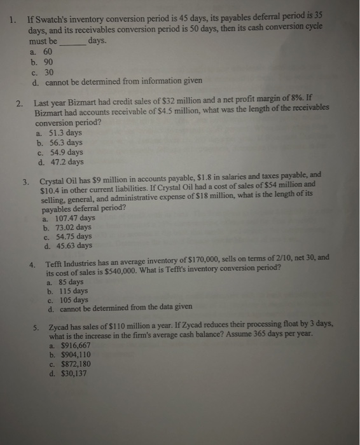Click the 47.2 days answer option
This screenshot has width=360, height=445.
pos(65,161)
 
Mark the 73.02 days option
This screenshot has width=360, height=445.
pos(71,227)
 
